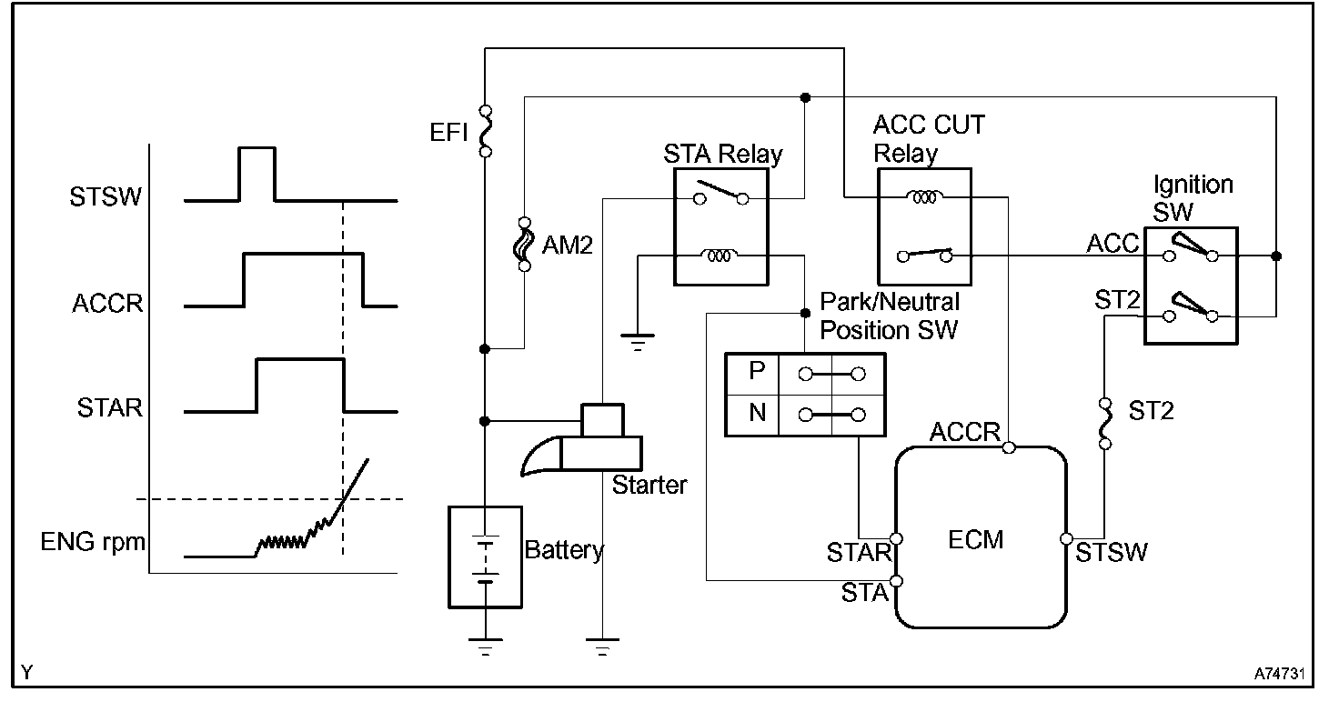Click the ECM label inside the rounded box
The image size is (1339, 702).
975,539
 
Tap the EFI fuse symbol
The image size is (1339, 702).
486,132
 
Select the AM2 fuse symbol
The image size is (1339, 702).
524,245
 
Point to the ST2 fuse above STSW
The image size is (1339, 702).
1105,424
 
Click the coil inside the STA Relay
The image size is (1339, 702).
719,256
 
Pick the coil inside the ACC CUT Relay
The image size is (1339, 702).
924,196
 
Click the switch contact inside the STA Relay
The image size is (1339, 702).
721,193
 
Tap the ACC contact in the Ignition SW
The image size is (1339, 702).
1190,249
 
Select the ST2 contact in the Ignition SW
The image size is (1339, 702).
1190,307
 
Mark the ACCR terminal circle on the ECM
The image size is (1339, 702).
1009,446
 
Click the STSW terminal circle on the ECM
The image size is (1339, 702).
1066,539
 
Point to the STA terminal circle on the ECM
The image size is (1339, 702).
897,581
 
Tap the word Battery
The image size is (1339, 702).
564,549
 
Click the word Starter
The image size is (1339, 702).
649,485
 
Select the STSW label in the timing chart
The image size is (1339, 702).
106,196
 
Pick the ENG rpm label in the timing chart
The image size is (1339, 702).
93,543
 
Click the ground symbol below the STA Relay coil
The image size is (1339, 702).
638,341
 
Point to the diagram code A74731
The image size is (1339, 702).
1279,674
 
